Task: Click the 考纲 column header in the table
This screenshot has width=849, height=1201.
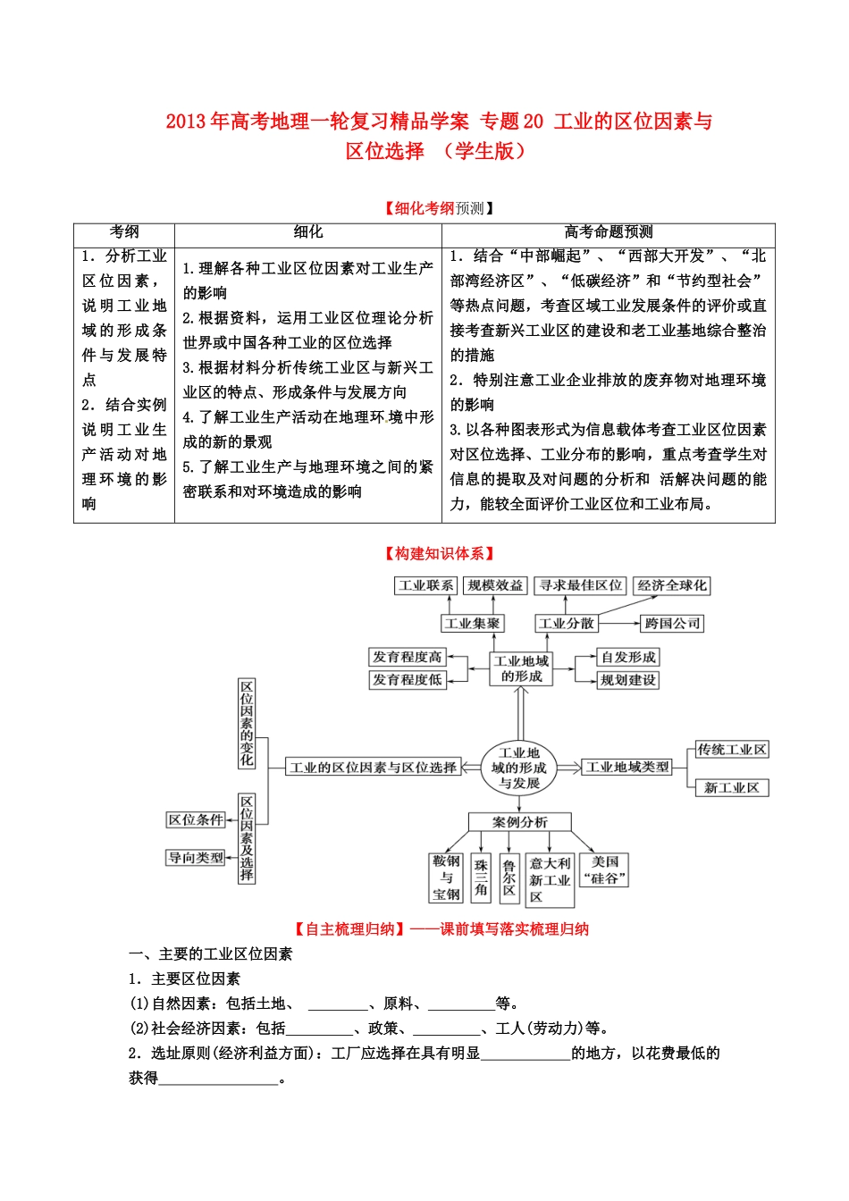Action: pos(124,232)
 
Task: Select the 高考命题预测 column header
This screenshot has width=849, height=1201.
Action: pos(609,232)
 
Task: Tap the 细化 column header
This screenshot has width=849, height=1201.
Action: pos(308,232)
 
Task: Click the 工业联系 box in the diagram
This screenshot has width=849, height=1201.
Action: pos(426,585)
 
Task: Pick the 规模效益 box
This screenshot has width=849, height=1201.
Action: pos(495,585)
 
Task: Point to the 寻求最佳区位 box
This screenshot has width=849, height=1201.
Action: pos(581,585)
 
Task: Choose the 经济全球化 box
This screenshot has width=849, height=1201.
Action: pos(671,585)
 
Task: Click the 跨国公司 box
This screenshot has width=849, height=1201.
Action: pos(672,623)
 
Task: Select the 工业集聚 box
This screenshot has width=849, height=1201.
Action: pos(473,623)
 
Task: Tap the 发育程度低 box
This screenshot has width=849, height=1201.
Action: pos(408,680)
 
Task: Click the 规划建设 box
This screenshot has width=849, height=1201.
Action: pos(627,680)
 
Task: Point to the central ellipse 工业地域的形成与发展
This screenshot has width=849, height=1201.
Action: pos(518,768)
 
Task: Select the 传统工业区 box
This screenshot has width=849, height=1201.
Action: pos(732,750)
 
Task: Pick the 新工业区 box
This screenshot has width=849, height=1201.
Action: pos(732,787)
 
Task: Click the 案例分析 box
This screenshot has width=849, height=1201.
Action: pos(519,822)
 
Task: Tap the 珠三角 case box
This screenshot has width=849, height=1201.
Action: pos(482,878)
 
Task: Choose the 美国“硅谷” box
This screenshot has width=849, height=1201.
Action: pos(605,869)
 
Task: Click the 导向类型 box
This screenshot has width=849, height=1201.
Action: pos(196,858)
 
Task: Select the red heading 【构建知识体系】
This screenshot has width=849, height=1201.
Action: pos(439,554)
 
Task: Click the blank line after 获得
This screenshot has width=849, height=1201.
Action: pos(219,1079)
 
